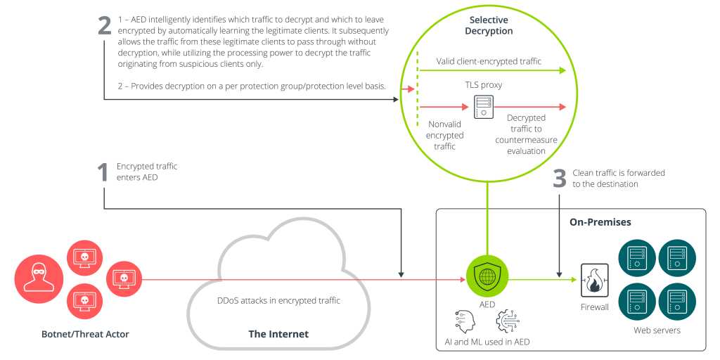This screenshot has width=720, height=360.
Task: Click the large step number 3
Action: (x=560, y=178)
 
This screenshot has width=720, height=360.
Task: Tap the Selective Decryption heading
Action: (x=490, y=25)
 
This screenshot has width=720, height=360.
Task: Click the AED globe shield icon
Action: (x=487, y=275)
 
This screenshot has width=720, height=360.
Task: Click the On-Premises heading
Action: (x=600, y=222)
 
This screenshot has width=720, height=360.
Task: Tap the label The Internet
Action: (x=278, y=333)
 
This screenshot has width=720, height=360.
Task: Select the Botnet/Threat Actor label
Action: (x=85, y=333)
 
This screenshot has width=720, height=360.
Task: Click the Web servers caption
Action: (x=657, y=330)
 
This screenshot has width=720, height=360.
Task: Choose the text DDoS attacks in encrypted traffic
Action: (x=278, y=301)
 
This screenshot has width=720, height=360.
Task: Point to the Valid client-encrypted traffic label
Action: (x=489, y=61)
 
